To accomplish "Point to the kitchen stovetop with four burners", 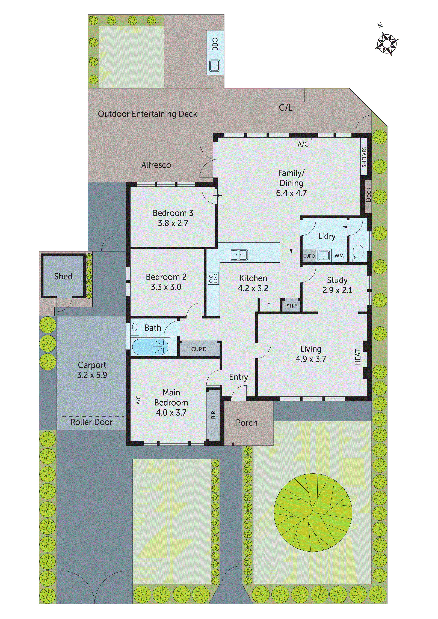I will [x=213, y=278].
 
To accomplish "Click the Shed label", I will [x=63, y=276].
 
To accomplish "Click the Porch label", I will [x=247, y=423].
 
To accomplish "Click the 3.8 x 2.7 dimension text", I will [x=173, y=223].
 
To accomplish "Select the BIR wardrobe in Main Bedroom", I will [x=213, y=415].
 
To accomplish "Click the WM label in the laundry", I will [x=339, y=256].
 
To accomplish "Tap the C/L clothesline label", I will [x=286, y=108].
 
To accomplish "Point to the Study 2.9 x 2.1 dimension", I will [x=337, y=290].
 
